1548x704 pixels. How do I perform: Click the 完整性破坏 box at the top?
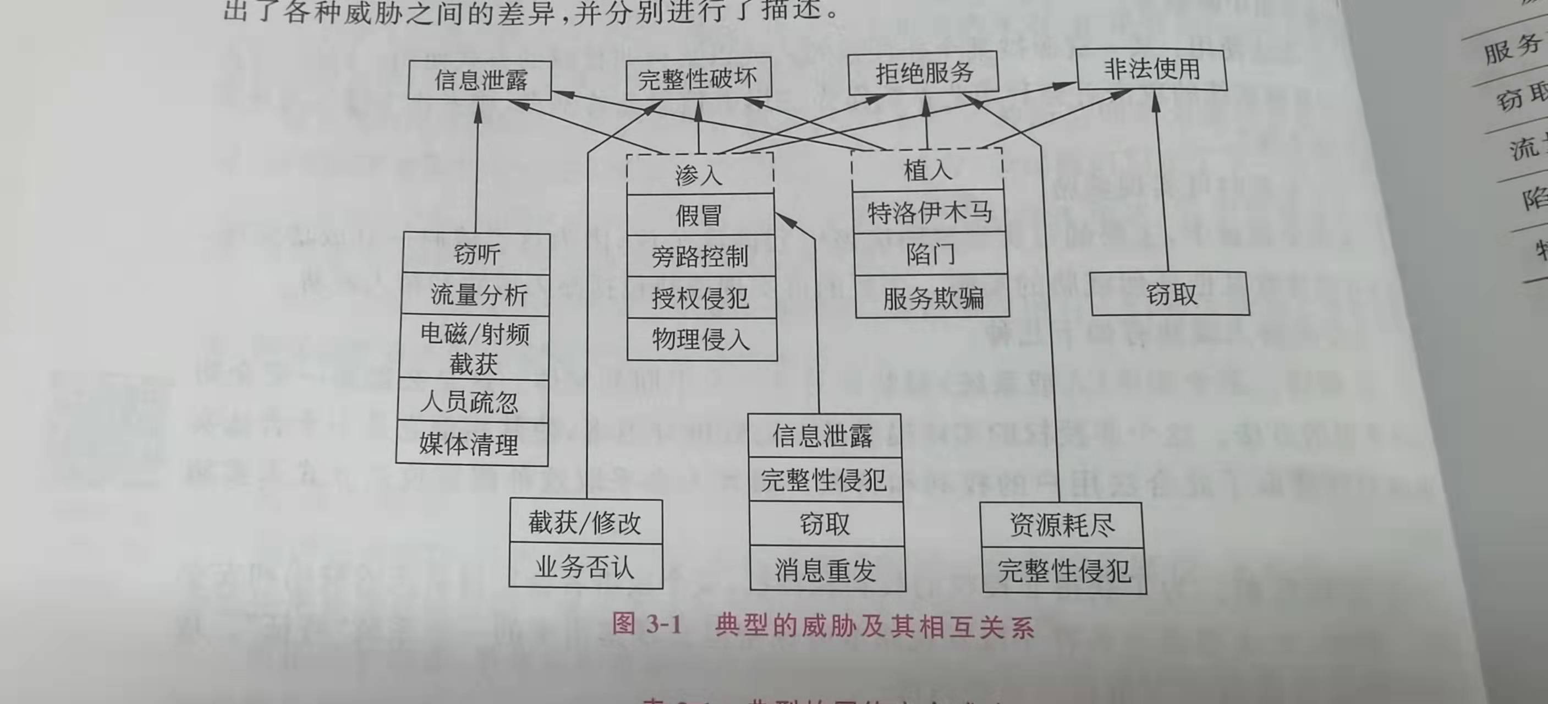pos(698,79)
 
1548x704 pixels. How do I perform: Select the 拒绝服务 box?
pos(924,73)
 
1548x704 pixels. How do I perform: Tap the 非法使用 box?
pos(1151,70)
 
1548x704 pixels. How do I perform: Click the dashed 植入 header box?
pos(927,171)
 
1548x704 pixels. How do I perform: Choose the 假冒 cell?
pos(700,215)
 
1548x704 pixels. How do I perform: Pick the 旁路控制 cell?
pos(700,257)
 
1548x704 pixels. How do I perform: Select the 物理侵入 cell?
pos(701,340)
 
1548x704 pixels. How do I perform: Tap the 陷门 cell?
pos(930,254)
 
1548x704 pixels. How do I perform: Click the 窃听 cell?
pos(476,254)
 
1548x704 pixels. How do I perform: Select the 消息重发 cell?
pos(826,569)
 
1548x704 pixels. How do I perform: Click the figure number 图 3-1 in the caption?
pos(646,624)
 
